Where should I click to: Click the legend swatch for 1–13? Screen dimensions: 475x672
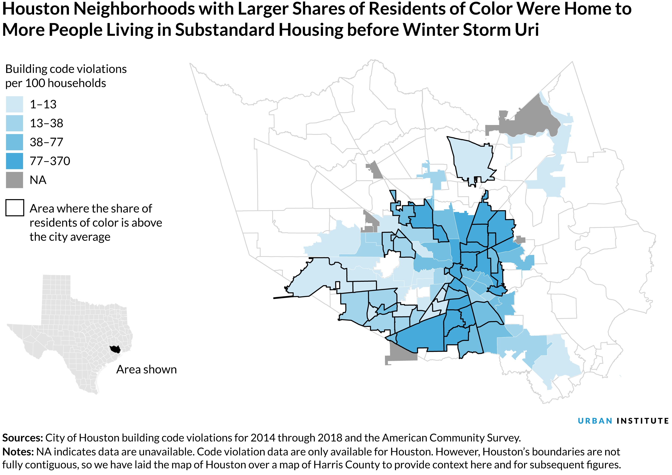(x=14, y=104)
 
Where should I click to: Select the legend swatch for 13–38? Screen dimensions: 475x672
(x=14, y=123)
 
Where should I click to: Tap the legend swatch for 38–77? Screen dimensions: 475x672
(x=14, y=142)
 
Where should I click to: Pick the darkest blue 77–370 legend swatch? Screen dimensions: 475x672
(x=14, y=161)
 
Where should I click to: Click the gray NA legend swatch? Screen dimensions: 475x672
(x=14, y=180)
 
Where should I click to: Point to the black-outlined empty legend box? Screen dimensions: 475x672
(x=15, y=208)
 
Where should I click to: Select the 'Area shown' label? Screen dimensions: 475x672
(x=146, y=370)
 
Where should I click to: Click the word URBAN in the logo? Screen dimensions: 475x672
(x=595, y=421)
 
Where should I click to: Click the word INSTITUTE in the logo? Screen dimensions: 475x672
(x=642, y=421)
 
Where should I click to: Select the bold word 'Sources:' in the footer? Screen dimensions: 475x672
(x=23, y=438)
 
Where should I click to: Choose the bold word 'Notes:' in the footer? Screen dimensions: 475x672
(x=18, y=452)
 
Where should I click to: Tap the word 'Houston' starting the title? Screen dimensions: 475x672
(x=36, y=9)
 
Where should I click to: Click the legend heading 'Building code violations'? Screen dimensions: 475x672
(x=66, y=69)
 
